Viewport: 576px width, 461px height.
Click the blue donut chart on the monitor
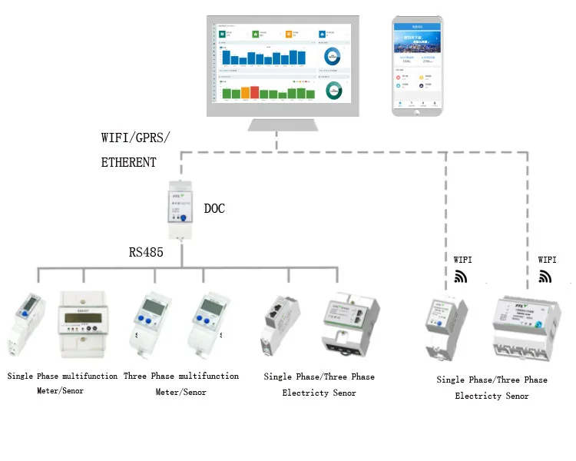tap(333, 57)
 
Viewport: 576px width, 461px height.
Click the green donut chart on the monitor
tap(333, 90)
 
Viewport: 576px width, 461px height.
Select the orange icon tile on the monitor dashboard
tap(290, 34)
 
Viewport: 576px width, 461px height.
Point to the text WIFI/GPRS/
tap(136, 138)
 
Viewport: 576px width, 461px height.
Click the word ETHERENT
tap(129, 162)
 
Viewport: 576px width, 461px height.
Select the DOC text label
tap(214, 208)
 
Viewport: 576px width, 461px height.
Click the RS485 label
tap(146, 251)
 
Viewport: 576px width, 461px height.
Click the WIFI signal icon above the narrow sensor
tap(460, 276)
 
